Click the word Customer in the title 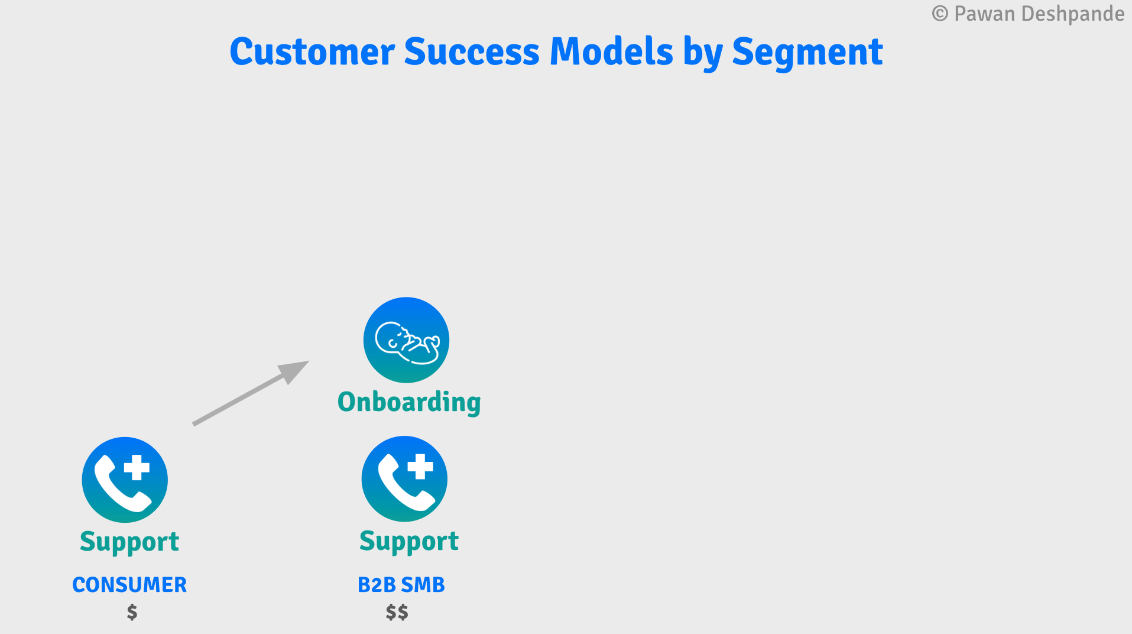[312, 52]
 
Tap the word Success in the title [471, 52]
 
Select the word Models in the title [611, 52]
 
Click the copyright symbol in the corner [940, 14]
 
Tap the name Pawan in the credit [984, 14]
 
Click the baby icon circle [406, 340]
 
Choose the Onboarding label [409, 402]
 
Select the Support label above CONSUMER [129, 542]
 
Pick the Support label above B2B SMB [409, 541]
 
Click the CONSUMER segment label [129, 585]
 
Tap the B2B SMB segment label [401, 585]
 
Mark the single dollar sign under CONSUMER [132, 612]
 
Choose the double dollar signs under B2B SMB [397, 612]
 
